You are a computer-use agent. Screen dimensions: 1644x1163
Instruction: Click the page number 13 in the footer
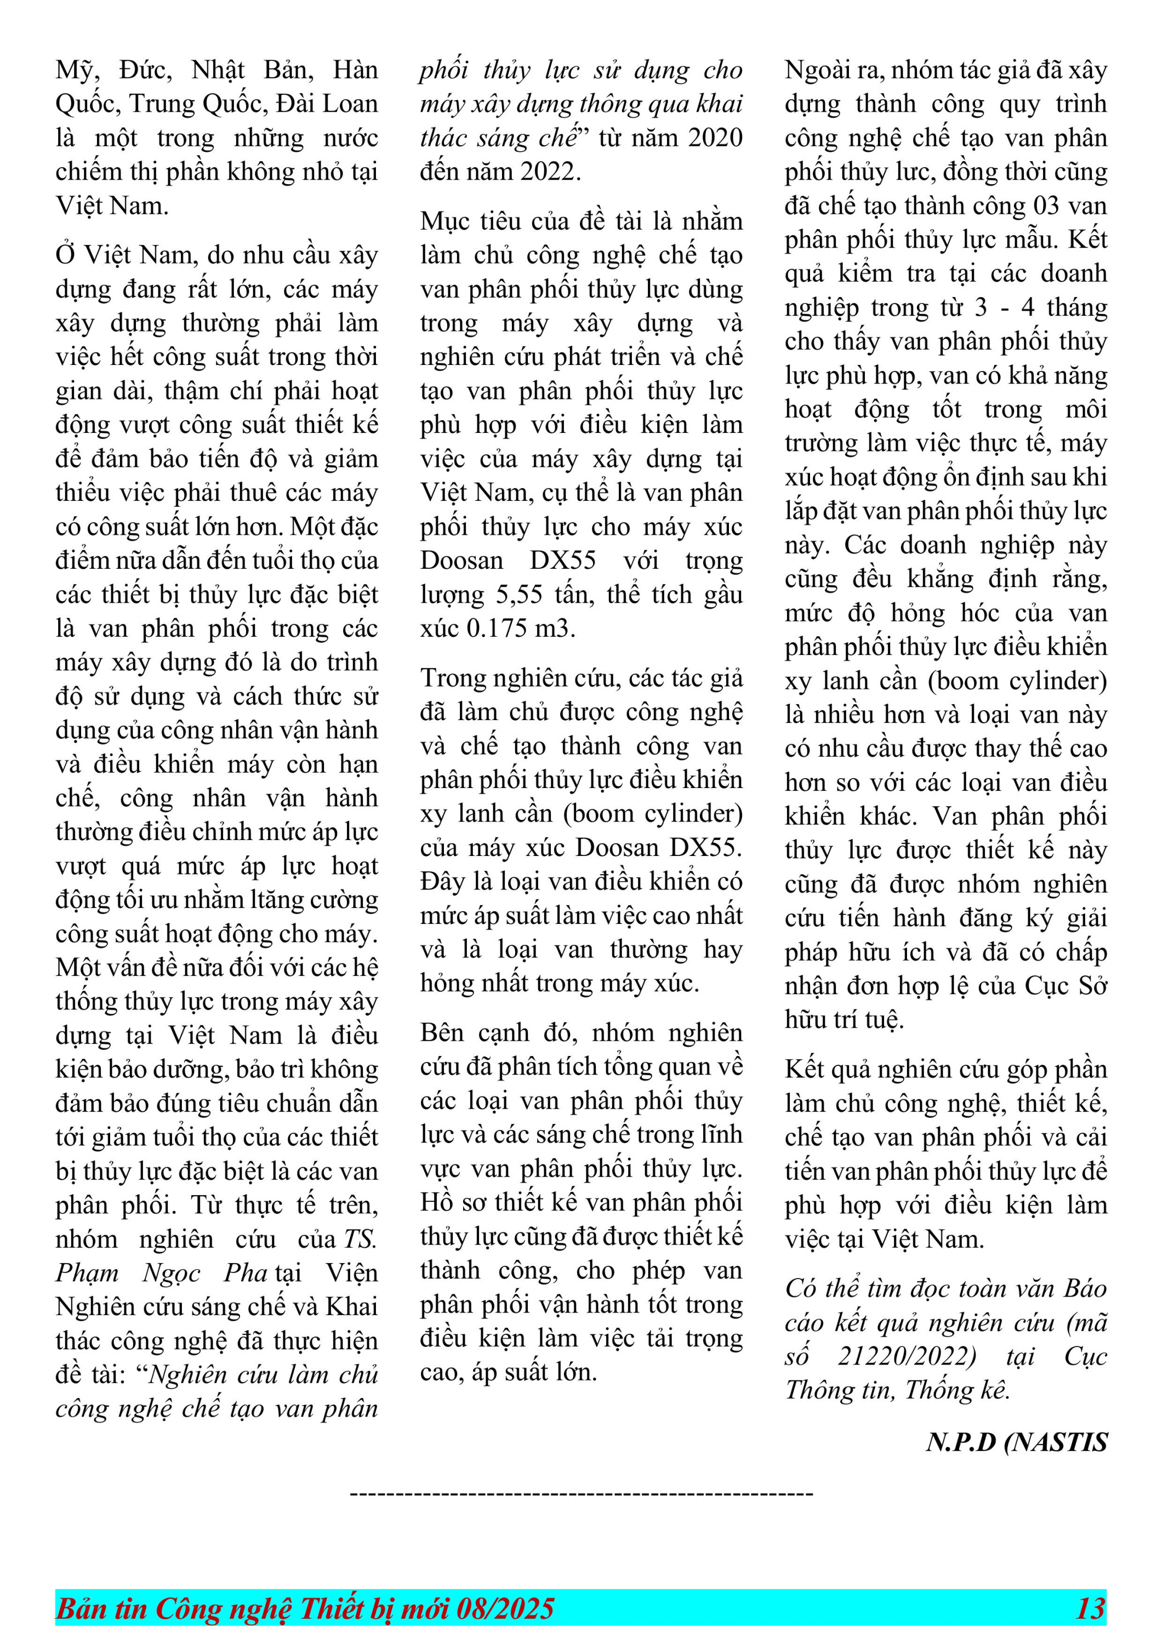tap(1090, 1608)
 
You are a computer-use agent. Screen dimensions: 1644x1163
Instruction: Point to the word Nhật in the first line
tap(218, 70)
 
